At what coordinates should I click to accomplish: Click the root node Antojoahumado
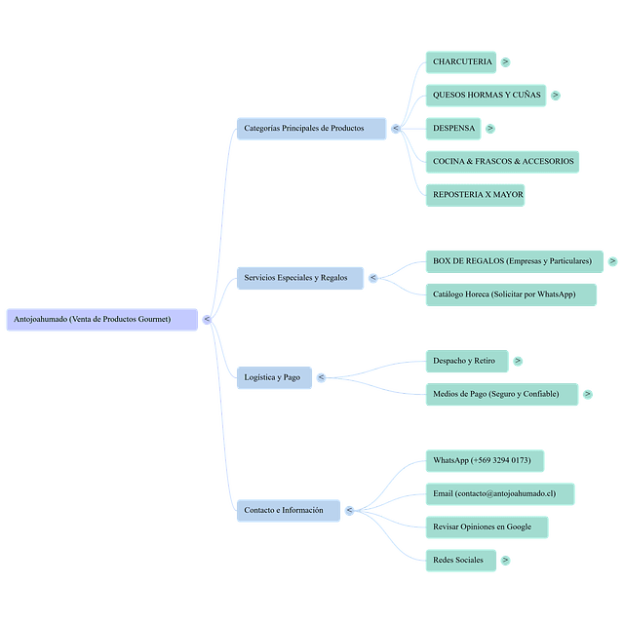point(101,319)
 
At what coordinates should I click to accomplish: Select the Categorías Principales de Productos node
point(311,128)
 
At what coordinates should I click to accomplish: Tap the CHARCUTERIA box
point(462,61)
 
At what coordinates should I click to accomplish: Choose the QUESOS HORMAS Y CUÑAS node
point(486,95)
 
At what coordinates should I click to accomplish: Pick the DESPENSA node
point(453,128)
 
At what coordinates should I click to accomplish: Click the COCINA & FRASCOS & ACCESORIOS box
point(503,161)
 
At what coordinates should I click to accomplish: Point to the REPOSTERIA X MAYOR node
point(478,194)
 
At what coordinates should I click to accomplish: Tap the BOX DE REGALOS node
point(514,261)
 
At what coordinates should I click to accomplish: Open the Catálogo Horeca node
point(512,294)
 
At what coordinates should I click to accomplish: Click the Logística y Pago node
point(274,377)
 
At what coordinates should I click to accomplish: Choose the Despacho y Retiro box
point(465,361)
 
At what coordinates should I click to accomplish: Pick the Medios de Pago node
point(502,394)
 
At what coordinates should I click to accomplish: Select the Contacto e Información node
point(289,510)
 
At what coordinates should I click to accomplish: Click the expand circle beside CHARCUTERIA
point(505,61)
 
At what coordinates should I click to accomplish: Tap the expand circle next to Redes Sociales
point(505,560)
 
